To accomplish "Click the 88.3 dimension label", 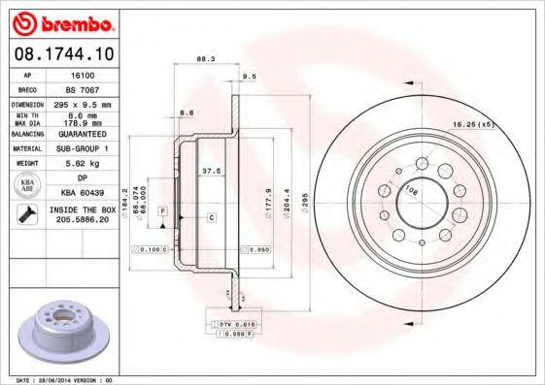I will (206, 59).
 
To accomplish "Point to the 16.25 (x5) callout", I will (473, 125).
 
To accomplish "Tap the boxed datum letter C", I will (211, 218).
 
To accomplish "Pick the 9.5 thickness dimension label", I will (249, 76).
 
